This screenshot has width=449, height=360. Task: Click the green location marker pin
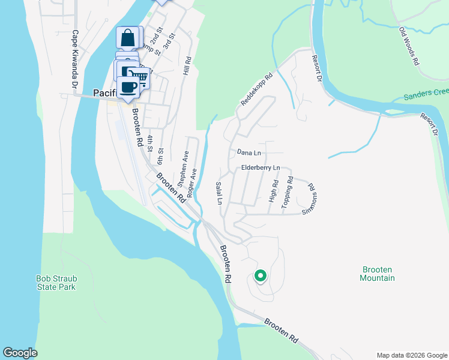coord(261,276)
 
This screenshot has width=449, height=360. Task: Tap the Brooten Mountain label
coord(378,274)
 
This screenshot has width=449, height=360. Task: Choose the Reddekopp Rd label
coord(256,90)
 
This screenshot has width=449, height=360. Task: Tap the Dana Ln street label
coord(249,153)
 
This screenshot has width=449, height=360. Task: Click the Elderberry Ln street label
coord(261,168)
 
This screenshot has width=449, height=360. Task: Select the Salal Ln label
coord(219,193)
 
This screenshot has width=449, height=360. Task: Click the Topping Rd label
coord(289,191)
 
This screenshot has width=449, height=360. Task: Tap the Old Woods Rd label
coord(409,46)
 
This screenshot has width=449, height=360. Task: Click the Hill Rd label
coord(187,66)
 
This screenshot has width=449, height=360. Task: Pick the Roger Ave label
coord(192,183)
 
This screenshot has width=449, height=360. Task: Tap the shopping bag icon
coord(128,38)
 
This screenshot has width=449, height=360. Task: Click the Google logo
coord(20,353)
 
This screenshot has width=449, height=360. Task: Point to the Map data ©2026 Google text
coord(411,355)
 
